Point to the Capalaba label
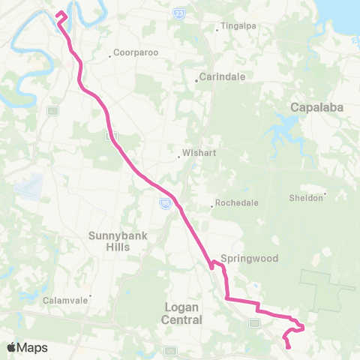click(x=316, y=108)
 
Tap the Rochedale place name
click(x=236, y=203)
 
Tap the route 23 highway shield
click(x=178, y=13)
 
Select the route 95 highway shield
click(x=166, y=202)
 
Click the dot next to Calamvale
click(x=91, y=295)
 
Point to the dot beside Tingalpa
click(x=217, y=31)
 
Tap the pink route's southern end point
click(x=289, y=346)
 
